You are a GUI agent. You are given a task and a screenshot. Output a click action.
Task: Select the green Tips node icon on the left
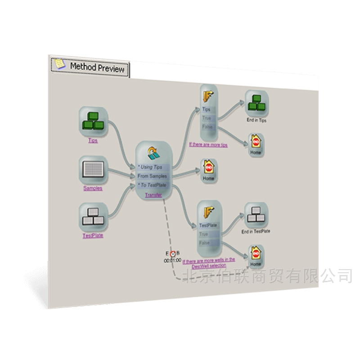pos(93,121)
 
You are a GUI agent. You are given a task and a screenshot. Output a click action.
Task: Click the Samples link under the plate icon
pos(93,188)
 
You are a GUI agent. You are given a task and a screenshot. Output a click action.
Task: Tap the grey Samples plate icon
pos(93,170)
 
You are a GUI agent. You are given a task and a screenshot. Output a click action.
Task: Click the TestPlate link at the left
pos(93,235)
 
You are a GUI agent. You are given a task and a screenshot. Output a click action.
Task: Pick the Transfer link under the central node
pos(153,195)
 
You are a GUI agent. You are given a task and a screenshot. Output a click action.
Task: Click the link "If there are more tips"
pos(208,145)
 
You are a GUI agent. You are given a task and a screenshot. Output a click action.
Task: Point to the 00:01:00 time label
pos(172,260)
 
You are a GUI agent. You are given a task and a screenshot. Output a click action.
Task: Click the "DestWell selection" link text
pos(208,265)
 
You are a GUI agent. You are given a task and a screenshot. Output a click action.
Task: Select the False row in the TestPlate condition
pos(205,243)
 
